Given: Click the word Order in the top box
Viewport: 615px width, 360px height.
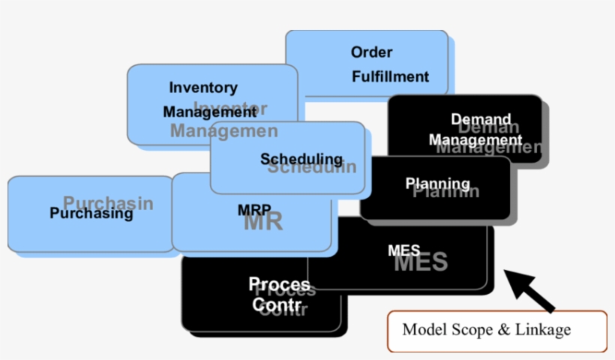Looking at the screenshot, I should pos(371,52).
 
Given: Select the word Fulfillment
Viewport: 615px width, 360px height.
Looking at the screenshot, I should pos(390,76).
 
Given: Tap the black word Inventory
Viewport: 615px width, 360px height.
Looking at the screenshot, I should pos(202,88).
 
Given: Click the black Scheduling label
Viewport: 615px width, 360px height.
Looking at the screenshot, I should pos(301,159).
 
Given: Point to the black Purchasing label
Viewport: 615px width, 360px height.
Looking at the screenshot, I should pos(91,214).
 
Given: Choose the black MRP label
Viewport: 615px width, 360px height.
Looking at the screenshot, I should pos(253,210).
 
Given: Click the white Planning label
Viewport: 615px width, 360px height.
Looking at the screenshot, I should pos(437,183).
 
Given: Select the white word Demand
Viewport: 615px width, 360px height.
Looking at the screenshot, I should pos(481,119).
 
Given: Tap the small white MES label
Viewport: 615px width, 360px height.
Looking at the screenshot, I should pos(403,250).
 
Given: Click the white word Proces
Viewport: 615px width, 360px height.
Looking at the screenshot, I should pos(278,285).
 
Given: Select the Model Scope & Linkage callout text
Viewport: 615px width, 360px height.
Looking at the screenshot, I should pos(486,329).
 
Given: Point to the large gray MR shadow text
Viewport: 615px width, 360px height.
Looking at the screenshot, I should pos(263,223).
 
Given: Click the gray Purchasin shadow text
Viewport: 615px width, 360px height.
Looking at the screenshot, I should pos(108,202).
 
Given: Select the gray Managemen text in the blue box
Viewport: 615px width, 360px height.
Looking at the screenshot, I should pos(223,131).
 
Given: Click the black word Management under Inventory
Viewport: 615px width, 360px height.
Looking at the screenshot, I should pos(209,112).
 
